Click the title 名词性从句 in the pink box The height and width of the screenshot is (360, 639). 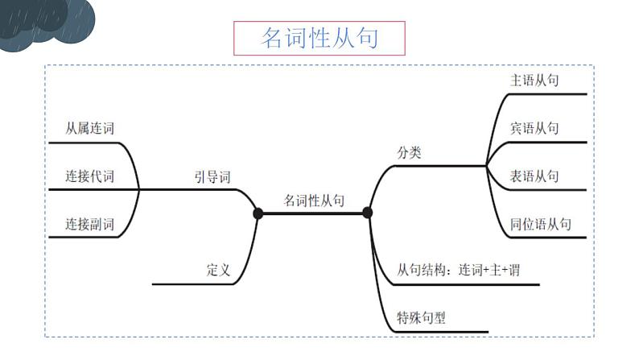click(319, 38)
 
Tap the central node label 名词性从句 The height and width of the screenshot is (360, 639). click(314, 201)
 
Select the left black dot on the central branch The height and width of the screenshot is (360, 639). click(258, 213)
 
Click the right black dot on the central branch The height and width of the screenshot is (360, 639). click(367, 213)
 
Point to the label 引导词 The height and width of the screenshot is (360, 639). click(212, 176)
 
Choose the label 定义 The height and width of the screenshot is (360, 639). click(218, 271)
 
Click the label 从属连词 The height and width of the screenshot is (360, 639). click(89, 129)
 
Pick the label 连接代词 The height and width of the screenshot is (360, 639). click(89, 176)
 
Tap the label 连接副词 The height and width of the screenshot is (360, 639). click(89, 224)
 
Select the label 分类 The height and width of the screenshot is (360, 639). click(409, 152)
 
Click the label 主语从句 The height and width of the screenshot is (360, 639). click(534, 81)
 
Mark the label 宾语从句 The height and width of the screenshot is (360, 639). click(534, 128)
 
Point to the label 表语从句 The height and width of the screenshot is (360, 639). click(534, 176)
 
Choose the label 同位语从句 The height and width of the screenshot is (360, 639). click(540, 224)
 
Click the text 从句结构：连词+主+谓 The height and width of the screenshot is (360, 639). click(458, 270)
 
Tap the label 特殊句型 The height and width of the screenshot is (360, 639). click(421, 317)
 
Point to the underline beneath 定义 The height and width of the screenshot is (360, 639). click(201, 284)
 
